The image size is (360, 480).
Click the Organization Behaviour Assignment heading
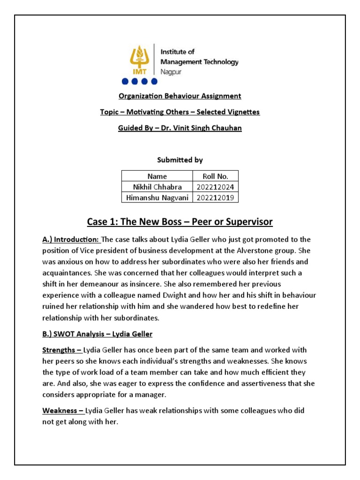(x=180, y=96)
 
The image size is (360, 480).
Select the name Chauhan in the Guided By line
(x=227, y=127)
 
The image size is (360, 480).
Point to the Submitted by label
(x=180, y=160)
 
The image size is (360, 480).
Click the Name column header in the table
(x=157, y=176)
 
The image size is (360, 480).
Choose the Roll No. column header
(x=215, y=176)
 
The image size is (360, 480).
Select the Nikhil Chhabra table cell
(x=157, y=187)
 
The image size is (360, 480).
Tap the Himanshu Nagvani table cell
(x=157, y=198)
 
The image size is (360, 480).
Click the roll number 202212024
(x=215, y=187)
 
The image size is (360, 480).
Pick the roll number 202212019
(x=215, y=198)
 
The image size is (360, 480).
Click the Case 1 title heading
(x=180, y=221)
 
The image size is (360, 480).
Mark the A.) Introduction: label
(x=71, y=240)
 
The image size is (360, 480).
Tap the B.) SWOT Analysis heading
(x=97, y=334)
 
